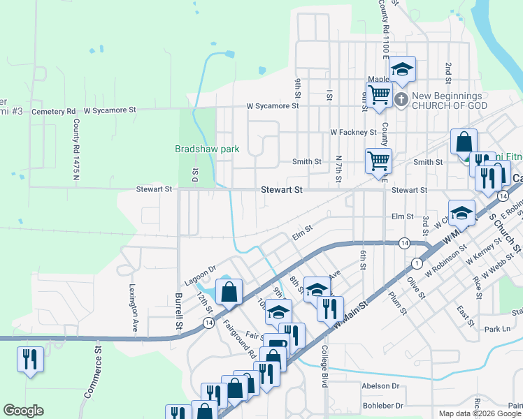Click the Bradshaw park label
pos(207,149)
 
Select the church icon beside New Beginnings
pos(401,100)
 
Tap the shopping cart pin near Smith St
pos(378,161)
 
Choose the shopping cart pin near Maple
pos(379,94)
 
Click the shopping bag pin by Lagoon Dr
pos(229,293)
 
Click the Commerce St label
pos(94,378)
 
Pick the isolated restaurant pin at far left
pos(30,360)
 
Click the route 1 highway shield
pos(417,263)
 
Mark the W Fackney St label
pos(353,132)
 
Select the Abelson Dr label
pos(380,385)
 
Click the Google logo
pos(23,411)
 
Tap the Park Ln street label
pos(497,329)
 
